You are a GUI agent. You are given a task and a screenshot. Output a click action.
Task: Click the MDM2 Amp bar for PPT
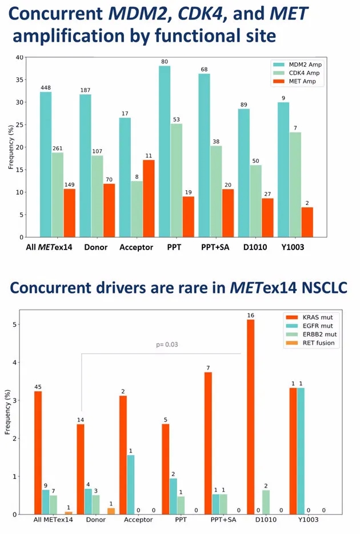tap(165, 151)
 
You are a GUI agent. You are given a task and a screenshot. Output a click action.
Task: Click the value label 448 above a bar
tap(46, 87)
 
